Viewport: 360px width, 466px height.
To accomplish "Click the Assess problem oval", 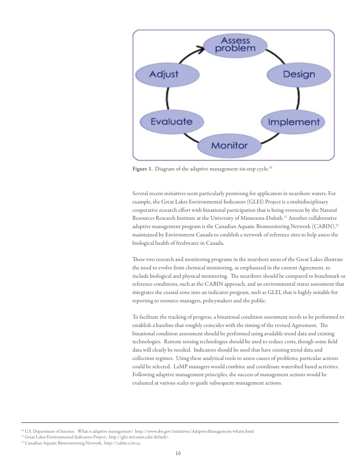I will click(x=235, y=45).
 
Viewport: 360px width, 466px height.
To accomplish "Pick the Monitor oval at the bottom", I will click(x=229, y=145).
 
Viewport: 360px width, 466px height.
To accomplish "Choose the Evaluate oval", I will click(x=172, y=122).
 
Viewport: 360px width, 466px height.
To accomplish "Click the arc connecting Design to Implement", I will click(x=298, y=98).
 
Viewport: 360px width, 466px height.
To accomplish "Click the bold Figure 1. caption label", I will click(x=142, y=169).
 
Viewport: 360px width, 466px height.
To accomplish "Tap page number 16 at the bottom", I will click(x=178, y=453).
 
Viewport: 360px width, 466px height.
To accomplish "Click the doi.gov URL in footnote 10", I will click(x=194, y=431).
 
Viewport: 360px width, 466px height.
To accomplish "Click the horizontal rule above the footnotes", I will click(x=180, y=422).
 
